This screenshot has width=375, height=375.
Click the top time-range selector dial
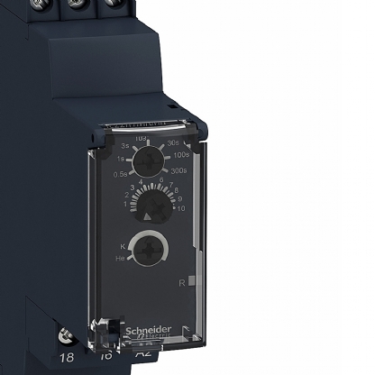tap(145, 161)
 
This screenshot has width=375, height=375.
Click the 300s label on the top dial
tap(178, 169)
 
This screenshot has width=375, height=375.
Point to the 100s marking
tap(182, 155)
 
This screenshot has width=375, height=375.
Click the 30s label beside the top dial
tap(174, 142)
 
